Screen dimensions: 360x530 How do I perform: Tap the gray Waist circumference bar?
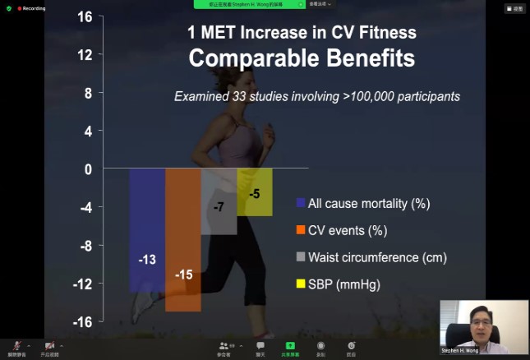(x=219, y=201)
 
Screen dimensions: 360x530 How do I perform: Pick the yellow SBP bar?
(x=255, y=192)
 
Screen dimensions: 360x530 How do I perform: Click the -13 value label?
(x=146, y=260)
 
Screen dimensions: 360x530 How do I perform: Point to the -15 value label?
(x=183, y=275)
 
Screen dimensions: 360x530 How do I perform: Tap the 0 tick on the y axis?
(x=88, y=169)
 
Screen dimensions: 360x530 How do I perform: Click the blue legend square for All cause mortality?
(x=301, y=203)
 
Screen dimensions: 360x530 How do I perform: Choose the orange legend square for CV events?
(x=301, y=230)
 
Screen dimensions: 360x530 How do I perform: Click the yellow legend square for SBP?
(x=301, y=284)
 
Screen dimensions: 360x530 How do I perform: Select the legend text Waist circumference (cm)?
(x=377, y=257)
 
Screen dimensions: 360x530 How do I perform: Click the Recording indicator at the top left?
(x=30, y=7)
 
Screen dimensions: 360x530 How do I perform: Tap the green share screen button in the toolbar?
(x=288, y=348)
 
